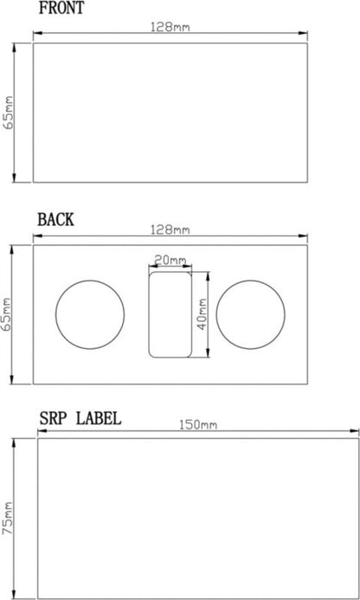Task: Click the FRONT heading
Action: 61,8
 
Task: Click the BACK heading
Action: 56,220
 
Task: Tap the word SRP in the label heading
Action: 55,419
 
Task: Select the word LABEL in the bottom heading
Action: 99,419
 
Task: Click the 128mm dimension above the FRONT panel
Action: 170,27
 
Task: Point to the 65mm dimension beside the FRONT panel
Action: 9,113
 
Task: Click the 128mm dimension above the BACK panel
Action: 170,229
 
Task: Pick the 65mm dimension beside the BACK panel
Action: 8,314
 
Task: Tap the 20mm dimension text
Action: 170,261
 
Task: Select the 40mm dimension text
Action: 202,314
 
